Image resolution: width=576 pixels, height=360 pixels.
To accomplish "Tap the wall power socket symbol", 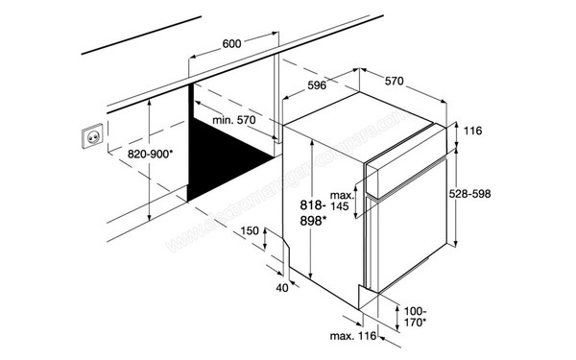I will [x=93, y=139].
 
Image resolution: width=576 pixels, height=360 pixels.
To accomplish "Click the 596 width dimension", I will [x=317, y=85].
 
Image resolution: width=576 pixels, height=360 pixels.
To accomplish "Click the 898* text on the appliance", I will [x=313, y=221].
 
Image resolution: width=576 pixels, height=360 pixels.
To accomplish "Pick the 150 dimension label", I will [x=251, y=231].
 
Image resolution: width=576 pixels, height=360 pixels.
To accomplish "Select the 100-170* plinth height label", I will [x=414, y=317].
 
